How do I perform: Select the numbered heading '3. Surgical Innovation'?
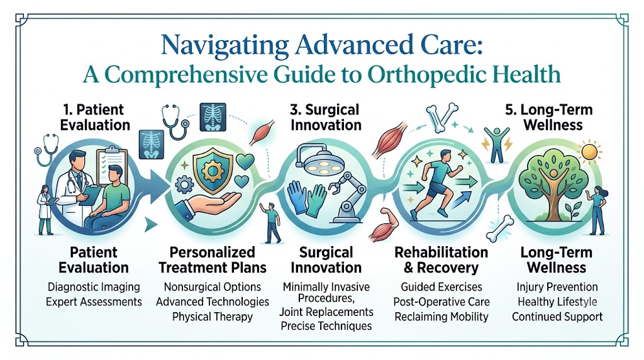(326, 117)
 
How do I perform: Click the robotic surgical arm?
(348, 196)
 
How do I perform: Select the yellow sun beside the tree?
(590, 152)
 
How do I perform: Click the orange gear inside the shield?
(213, 171)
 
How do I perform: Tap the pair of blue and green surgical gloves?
(306, 199)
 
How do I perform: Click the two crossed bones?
(441, 116)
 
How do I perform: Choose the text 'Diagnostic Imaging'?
(94, 287)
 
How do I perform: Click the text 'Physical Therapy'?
(213, 317)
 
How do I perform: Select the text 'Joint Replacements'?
(326, 312)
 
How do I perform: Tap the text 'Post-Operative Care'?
(441, 301)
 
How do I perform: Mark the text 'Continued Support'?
(557, 317)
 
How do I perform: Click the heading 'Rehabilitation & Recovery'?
(441, 260)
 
